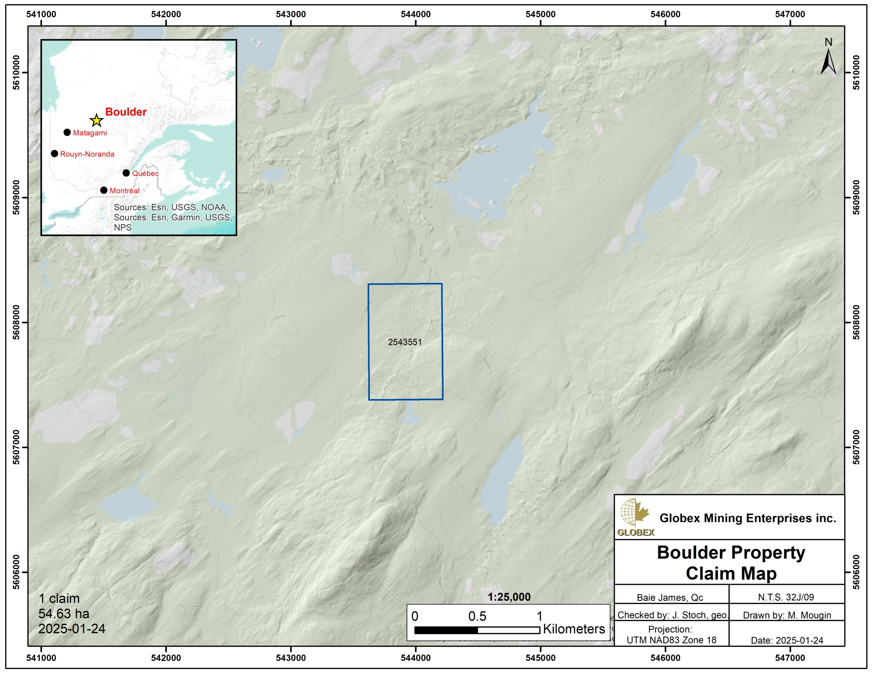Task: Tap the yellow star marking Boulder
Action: [x=96, y=120]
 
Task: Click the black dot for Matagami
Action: [x=67, y=132]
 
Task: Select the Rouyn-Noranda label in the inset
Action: [x=87, y=154]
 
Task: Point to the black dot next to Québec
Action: [x=126, y=173]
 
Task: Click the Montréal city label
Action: [x=125, y=190]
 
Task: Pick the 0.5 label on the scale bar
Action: [x=477, y=616]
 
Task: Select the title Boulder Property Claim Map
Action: [x=731, y=563]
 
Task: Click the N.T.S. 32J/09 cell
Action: [x=786, y=597]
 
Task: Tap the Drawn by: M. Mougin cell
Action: [x=787, y=615]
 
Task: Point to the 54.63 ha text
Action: [x=64, y=613]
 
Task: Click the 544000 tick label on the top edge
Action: [x=416, y=14]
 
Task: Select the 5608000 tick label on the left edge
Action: [x=16, y=322]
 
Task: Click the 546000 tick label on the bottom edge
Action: [x=665, y=658]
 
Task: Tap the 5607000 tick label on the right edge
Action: [x=856, y=447]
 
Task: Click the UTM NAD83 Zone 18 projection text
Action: [x=671, y=640]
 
